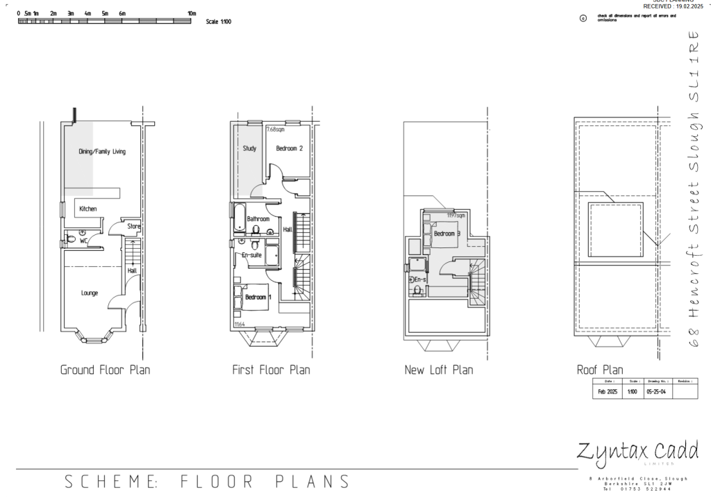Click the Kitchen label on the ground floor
point(87,209)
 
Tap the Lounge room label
point(90,293)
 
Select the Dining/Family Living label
point(101,151)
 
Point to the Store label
point(133,225)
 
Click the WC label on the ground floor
point(83,241)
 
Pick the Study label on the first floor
point(250,148)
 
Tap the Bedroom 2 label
point(289,148)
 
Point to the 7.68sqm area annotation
point(276,129)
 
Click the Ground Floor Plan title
point(105,370)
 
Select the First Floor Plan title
point(271,370)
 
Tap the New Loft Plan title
point(438,370)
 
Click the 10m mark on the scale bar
point(192,13)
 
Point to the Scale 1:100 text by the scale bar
point(218,22)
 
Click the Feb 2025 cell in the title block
point(608,392)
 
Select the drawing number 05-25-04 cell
point(657,392)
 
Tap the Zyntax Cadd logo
point(637,451)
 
